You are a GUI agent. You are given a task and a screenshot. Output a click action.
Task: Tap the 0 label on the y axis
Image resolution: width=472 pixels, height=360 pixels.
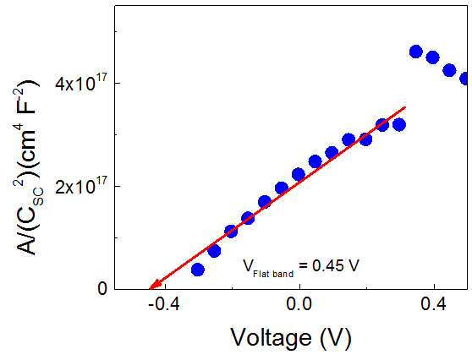coord(102,289)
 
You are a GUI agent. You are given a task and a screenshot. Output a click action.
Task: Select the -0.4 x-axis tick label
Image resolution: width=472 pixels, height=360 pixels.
coord(164,304)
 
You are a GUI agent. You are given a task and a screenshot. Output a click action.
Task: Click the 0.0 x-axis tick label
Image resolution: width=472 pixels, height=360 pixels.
coord(299,304)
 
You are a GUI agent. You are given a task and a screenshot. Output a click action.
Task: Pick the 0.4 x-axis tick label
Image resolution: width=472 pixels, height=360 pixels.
coord(433,304)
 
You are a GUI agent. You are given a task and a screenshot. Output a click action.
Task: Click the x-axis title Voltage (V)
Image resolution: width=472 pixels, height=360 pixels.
coord(291,338)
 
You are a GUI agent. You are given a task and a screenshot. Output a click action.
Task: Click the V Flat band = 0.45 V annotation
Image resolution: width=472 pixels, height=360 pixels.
coord(301,267)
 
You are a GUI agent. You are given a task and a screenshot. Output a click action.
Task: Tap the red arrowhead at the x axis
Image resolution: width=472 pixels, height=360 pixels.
coord(153,286)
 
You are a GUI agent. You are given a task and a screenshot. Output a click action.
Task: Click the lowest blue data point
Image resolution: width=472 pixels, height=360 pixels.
coord(198,270)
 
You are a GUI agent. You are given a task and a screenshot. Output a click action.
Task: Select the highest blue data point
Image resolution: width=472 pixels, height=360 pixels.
coord(416,52)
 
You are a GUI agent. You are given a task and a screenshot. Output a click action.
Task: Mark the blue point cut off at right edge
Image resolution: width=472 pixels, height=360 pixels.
coord(464,79)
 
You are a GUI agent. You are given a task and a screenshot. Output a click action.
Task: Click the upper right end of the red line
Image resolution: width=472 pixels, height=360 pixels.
coord(405,107)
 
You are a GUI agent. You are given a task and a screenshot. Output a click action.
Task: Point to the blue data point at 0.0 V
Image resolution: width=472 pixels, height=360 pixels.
coord(299,174)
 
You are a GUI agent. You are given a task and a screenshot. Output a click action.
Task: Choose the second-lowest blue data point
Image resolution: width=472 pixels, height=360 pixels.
coord(214,250)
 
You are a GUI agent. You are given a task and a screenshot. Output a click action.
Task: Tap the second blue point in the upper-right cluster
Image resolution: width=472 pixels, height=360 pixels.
coord(432,57)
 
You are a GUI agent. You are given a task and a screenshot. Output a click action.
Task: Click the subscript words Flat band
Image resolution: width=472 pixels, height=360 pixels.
coord(273,274)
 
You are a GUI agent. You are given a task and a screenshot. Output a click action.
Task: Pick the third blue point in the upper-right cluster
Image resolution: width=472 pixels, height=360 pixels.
coord(449,70)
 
